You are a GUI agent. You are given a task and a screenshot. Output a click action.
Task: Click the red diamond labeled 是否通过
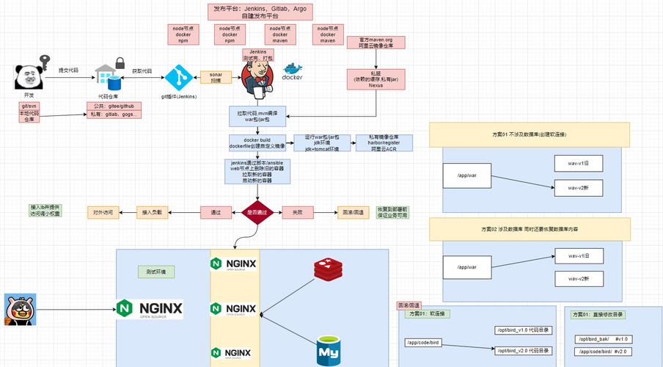tap(256, 212)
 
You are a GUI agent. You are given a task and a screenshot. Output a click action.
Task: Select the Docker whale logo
tap(293, 73)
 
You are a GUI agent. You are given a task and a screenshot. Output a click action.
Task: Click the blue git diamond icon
tap(178, 79)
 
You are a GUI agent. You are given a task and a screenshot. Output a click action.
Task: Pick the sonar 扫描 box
tap(216, 77)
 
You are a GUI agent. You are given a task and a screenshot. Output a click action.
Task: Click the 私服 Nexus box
tap(376, 79)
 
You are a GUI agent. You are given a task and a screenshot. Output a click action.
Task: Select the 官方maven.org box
tap(376, 42)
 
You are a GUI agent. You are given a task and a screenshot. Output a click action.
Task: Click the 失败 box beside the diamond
tap(298, 212)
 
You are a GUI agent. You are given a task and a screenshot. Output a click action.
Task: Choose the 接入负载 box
tap(153, 212)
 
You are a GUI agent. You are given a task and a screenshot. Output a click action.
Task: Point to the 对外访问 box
tap(103, 212)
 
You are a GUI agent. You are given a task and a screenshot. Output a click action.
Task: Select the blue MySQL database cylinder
tap(328, 351)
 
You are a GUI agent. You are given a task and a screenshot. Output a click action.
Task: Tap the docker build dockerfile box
tap(257, 142)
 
